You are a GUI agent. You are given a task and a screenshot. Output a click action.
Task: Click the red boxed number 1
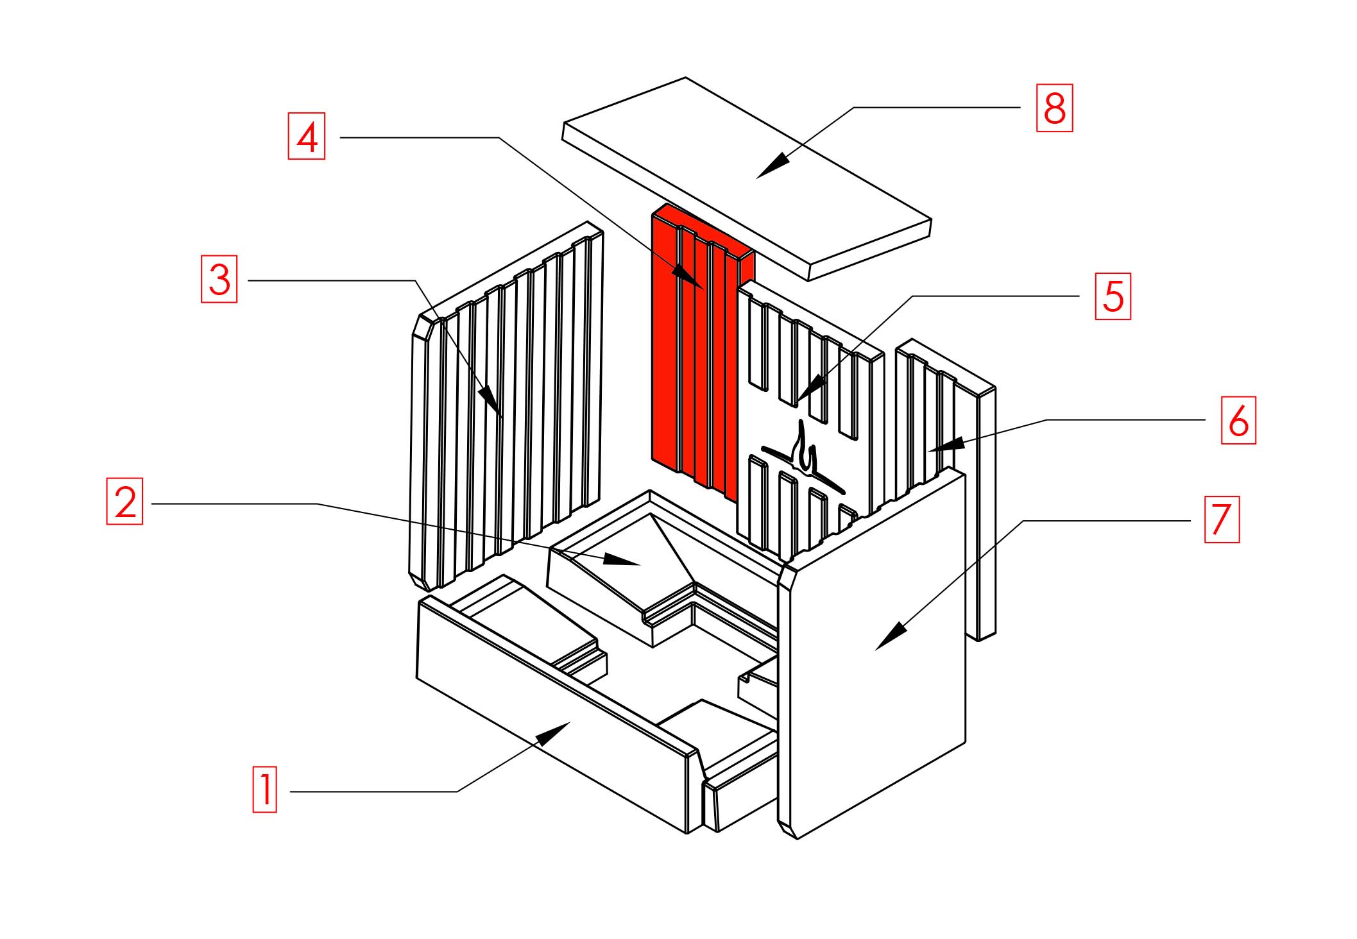(x=264, y=789)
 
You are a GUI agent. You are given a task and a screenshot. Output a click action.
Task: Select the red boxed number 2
(x=124, y=501)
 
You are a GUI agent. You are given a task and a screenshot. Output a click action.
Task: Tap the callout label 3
(x=219, y=279)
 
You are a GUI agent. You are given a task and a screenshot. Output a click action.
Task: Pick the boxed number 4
(x=307, y=136)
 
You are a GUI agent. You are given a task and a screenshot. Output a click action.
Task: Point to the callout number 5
(x=1113, y=296)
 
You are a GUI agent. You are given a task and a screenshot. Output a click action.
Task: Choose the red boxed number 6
(x=1238, y=420)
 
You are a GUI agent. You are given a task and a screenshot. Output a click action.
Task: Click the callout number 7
(x=1222, y=519)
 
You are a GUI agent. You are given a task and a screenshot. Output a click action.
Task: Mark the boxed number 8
(x=1055, y=108)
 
